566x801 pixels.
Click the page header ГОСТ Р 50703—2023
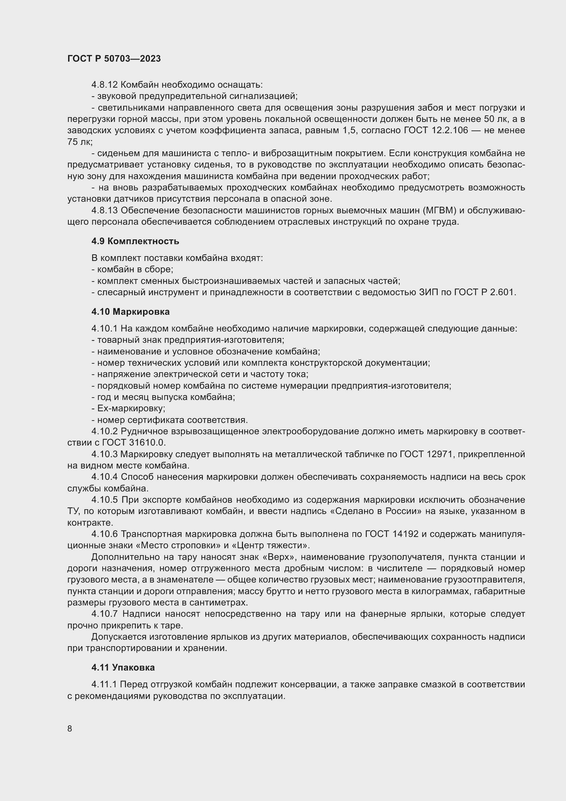[x=114, y=59]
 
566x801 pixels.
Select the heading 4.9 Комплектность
[x=135, y=241]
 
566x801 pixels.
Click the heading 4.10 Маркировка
[x=130, y=312]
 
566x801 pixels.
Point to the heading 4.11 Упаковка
[x=123, y=667]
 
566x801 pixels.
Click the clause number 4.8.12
[x=105, y=85]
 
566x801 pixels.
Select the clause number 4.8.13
[x=105, y=210]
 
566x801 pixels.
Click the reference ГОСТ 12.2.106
[x=436, y=130]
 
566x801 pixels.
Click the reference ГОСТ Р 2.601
[x=485, y=292]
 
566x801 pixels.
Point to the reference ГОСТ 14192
[x=391, y=534]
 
